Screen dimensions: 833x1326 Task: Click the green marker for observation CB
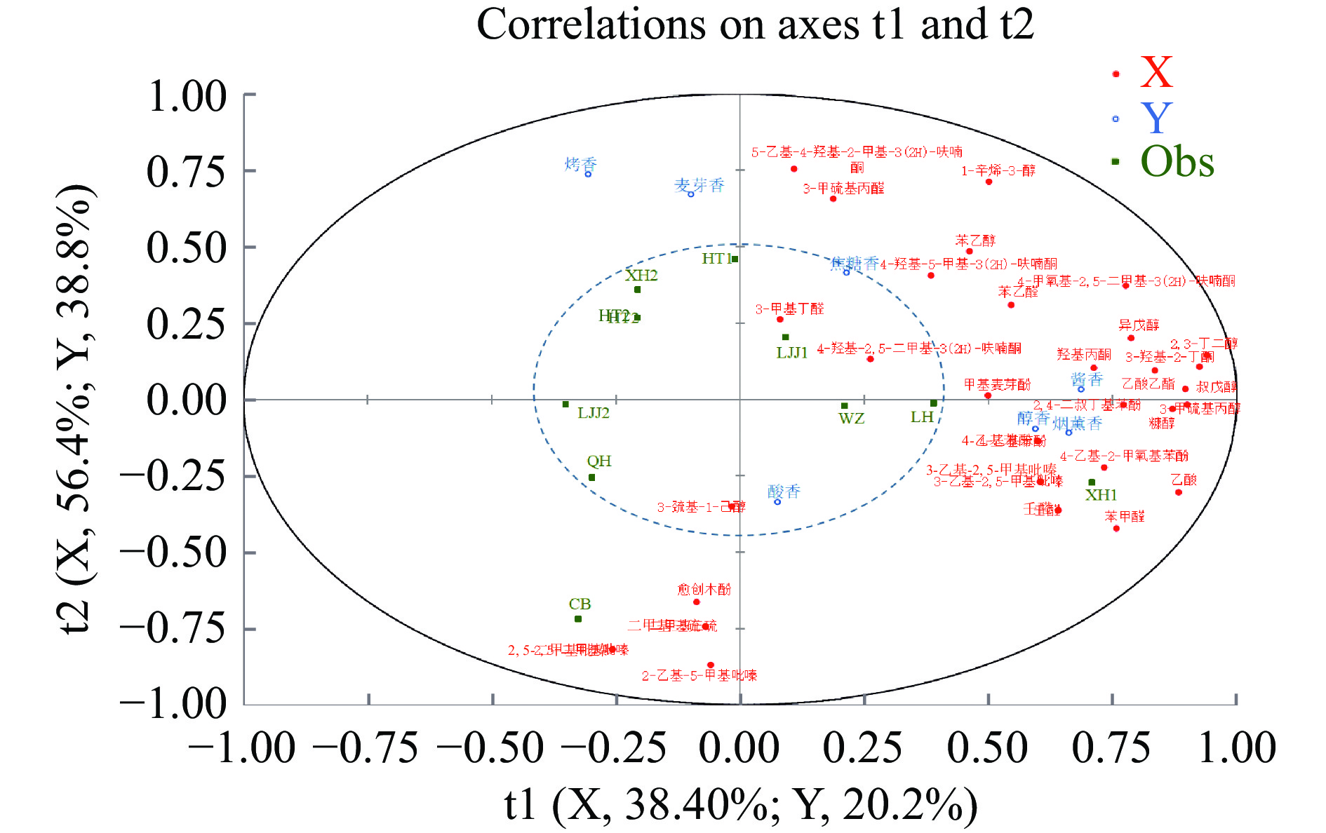coord(578,619)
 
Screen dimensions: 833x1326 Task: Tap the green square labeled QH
coord(591,478)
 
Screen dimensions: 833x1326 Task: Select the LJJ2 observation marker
coord(565,405)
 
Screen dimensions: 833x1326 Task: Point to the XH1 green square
coord(1092,482)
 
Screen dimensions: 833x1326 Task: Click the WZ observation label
coord(851,419)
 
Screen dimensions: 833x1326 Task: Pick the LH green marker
coord(934,403)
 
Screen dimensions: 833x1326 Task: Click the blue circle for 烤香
coord(588,174)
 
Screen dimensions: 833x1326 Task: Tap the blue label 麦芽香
coord(699,185)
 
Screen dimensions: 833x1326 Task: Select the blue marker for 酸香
coord(777,502)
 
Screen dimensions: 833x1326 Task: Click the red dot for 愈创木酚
coord(697,602)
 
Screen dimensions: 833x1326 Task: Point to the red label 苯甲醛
coord(1125,516)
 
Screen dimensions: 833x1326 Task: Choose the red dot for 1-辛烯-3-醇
coord(989,182)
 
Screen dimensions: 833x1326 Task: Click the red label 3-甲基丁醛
coord(789,309)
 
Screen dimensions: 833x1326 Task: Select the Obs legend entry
coord(1177,162)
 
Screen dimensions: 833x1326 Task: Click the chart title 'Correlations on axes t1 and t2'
coord(755,25)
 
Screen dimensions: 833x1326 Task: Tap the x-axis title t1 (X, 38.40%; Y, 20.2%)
coord(740,804)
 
